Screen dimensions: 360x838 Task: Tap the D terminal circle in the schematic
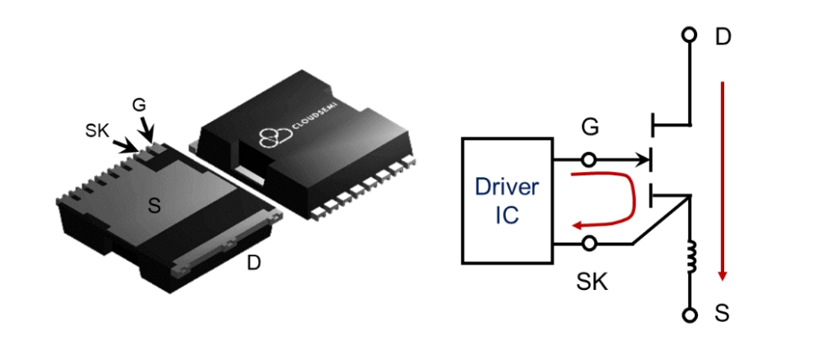(690, 35)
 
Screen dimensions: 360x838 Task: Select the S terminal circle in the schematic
(690, 314)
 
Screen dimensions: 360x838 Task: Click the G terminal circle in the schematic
(589, 158)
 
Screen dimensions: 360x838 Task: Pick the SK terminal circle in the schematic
(589, 244)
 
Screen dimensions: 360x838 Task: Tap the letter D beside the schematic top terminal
(723, 38)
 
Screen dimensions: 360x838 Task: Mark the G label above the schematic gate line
(591, 129)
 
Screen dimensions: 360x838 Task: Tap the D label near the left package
(254, 262)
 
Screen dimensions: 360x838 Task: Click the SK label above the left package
(99, 131)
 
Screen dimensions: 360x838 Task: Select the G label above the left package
(140, 105)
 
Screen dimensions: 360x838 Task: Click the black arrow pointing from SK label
(126, 146)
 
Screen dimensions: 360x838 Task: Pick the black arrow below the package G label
(148, 131)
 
